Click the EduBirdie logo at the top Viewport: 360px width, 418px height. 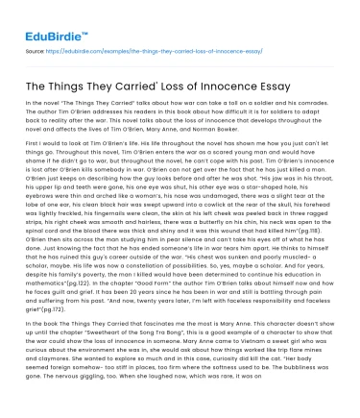pos(48,18)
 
